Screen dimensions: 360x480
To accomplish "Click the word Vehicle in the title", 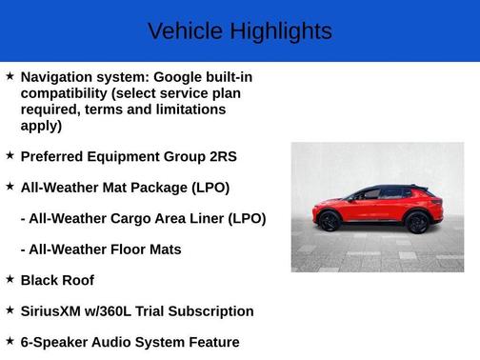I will pos(179,31).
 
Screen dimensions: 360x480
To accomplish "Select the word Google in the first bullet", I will pos(180,76).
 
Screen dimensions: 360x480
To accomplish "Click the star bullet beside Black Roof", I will pos(10,279).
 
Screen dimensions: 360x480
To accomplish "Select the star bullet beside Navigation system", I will pos(10,75).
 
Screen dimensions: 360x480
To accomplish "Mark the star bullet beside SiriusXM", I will pos(10,310).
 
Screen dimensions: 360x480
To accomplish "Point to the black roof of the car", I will pos(386,188).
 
